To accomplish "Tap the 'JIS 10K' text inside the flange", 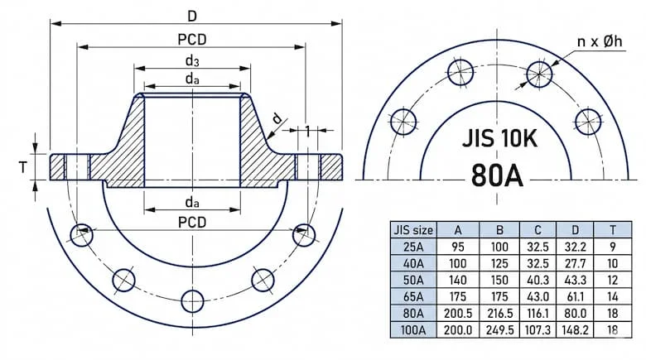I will coord(499,137).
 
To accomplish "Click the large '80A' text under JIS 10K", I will coord(497,175).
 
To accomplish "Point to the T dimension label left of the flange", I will coord(24,167).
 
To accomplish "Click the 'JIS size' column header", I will coord(412,230).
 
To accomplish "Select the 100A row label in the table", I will coord(412,329).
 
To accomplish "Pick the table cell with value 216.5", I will coord(499,313).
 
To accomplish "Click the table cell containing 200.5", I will coord(457,313).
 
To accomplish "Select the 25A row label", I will coord(412,247).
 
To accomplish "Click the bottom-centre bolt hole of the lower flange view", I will coord(191,299).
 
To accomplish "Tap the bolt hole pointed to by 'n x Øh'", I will coord(538,73).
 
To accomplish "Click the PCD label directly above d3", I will coord(191,39).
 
